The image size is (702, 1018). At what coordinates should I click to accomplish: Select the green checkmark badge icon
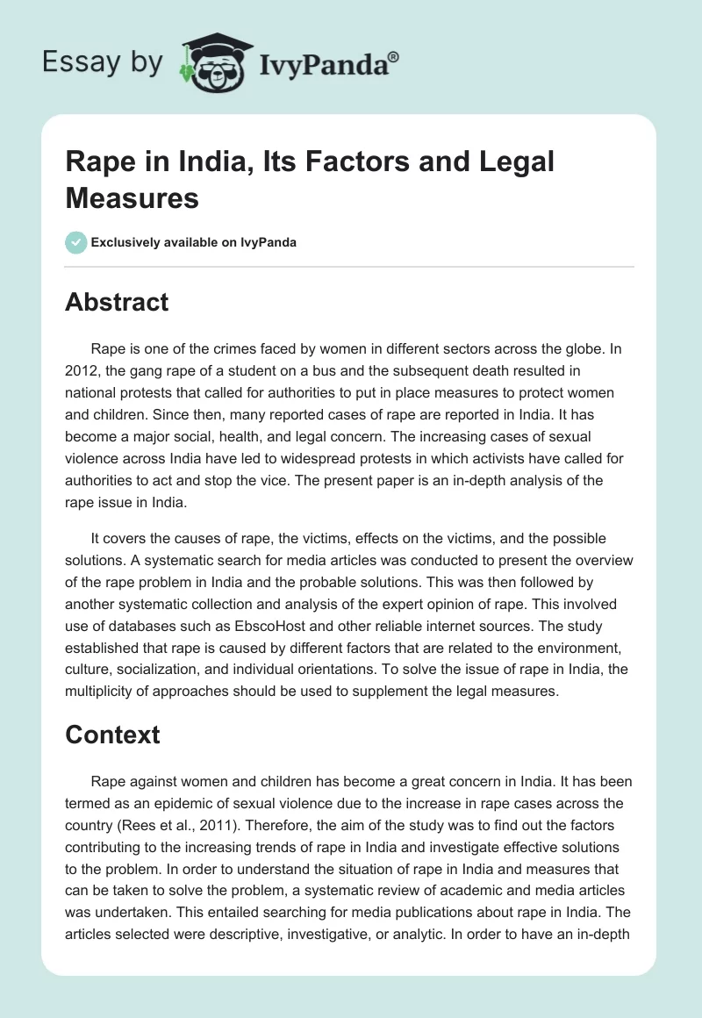(x=75, y=242)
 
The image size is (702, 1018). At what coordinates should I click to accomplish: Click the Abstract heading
(x=117, y=302)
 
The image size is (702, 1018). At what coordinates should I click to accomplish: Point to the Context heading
(x=112, y=734)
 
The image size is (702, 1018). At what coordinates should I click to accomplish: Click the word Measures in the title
(x=133, y=197)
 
